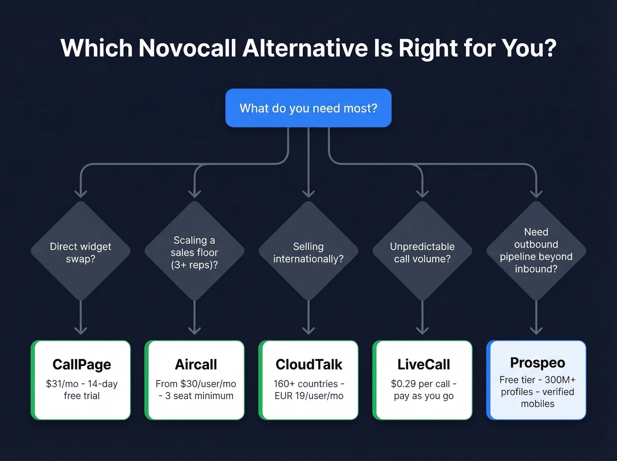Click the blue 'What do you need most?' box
coord(308,108)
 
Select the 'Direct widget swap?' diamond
coord(81,252)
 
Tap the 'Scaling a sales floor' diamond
coord(194,252)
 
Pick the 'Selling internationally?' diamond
coord(308,252)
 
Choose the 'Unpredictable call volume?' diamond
coord(422,252)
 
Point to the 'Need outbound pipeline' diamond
coord(536,250)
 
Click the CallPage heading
coord(82,364)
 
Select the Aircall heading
coord(196,364)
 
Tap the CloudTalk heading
coord(308,364)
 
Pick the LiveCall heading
coord(424,364)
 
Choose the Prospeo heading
coord(537,363)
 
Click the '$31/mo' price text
coord(62,384)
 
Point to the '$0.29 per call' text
coord(420,384)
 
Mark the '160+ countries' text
coord(305,384)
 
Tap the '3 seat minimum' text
coord(199,396)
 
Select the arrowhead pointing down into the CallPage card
coord(81,330)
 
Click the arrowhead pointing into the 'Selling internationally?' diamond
coord(308,194)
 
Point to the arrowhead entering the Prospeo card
coord(536,330)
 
